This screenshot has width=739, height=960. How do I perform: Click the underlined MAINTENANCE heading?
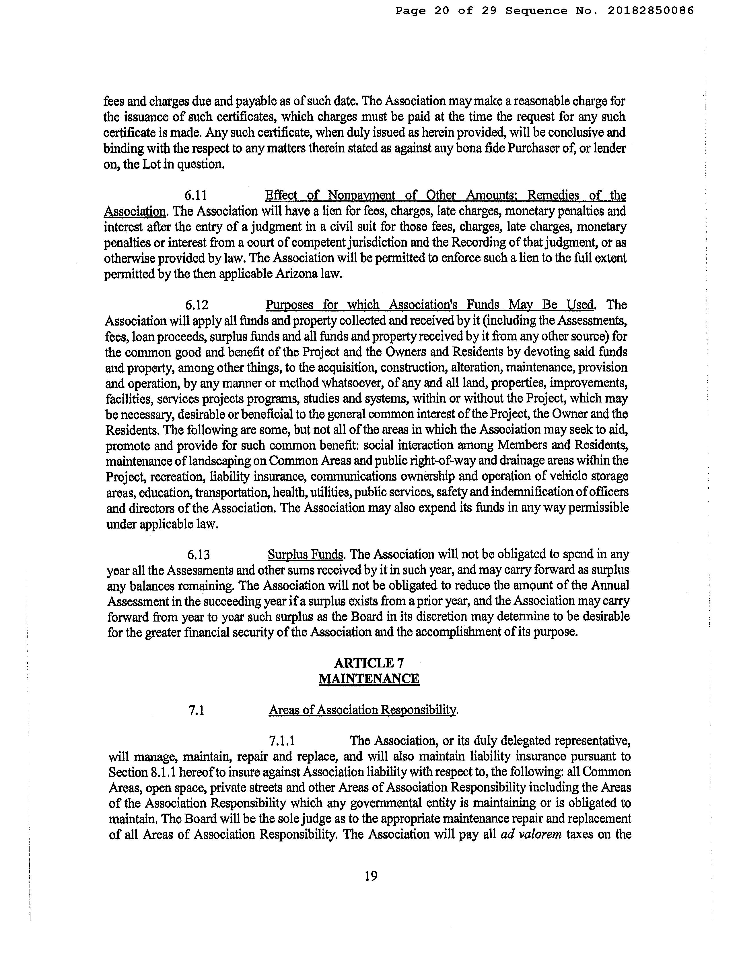369,679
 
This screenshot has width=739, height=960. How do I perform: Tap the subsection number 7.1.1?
282,741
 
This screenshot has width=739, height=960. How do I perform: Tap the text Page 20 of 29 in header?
446,11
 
